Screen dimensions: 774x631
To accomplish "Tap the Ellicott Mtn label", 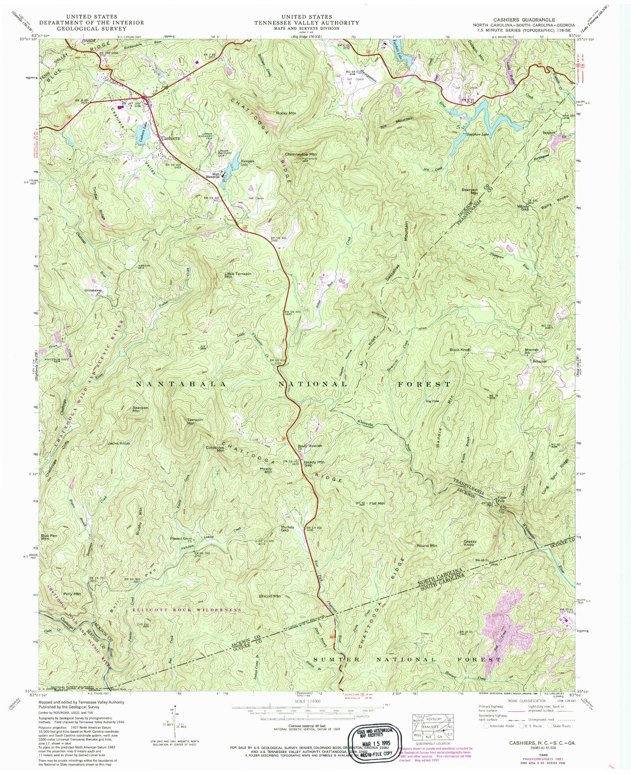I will (x=270, y=596).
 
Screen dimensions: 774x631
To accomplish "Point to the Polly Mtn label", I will (x=72, y=594).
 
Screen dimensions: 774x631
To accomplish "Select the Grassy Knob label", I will (x=470, y=543).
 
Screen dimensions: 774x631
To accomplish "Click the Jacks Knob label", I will (x=118, y=443).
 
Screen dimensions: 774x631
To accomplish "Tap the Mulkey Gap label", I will (x=287, y=529).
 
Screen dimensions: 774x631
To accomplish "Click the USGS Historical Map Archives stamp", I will (x=371, y=744).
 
